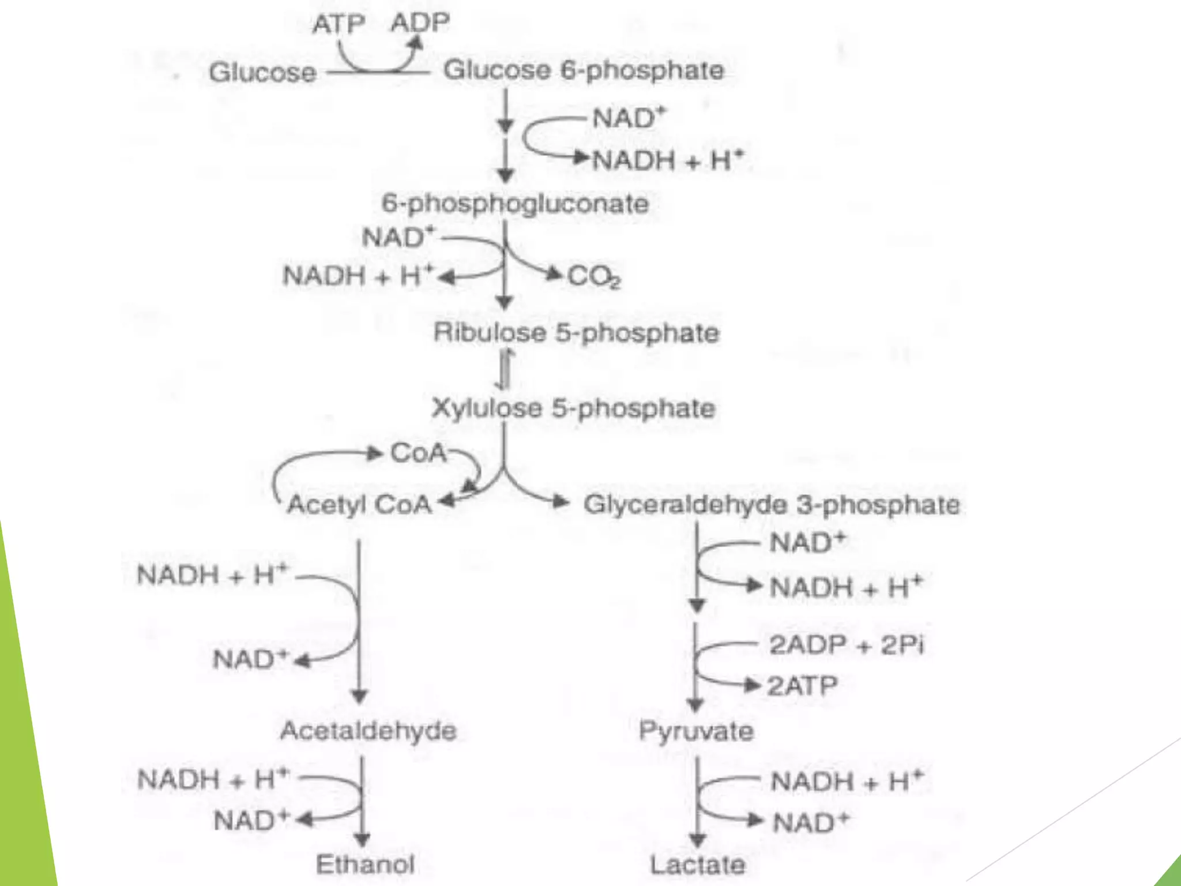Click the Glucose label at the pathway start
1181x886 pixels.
(262, 73)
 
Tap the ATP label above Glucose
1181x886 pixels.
(338, 24)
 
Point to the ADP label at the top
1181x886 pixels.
(420, 23)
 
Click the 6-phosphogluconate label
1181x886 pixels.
(515, 204)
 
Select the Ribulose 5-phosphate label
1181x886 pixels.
(576, 333)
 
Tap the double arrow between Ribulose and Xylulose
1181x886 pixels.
(505, 370)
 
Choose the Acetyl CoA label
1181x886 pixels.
(359, 505)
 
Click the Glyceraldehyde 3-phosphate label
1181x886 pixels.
(772, 505)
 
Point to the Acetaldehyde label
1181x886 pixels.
(368, 731)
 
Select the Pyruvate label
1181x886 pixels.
(696, 731)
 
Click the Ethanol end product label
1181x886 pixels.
(366, 864)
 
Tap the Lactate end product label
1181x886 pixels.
(698, 865)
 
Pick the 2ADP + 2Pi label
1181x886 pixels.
(846, 645)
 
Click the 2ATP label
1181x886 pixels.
(802, 686)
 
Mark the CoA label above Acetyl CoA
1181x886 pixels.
(419, 453)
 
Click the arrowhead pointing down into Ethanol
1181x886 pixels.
(362, 840)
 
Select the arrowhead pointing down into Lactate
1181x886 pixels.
(697, 840)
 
